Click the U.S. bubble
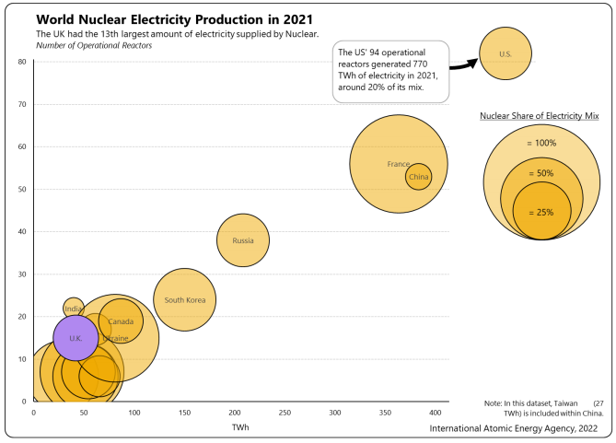pyautogui.click(x=505, y=54)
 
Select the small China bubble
pyautogui.click(x=419, y=176)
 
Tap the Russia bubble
pyautogui.click(x=243, y=240)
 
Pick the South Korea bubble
pyautogui.click(x=184, y=299)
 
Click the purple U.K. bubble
pyautogui.click(x=76, y=338)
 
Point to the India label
pyautogui.click(x=74, y=309)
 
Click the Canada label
pyautogui.click(x=122, y=321)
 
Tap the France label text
pyautogui.click(x=398, y=164)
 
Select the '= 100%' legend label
pyautogui.click(x=541, y=143)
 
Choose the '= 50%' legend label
pyautogui.click(x=541, y=173)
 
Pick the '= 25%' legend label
pyautogui.click(x=541, y=212)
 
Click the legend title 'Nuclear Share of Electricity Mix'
pyautogui.click(x=540, y=116)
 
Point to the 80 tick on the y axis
pyautogui.click(x=21, y=62)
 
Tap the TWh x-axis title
pyautogui.click(x=240, y=427)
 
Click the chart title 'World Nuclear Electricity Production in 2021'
pyautogui.click(x=174, y=19)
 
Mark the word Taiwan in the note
pyautogui.click(x=564, y=403)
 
